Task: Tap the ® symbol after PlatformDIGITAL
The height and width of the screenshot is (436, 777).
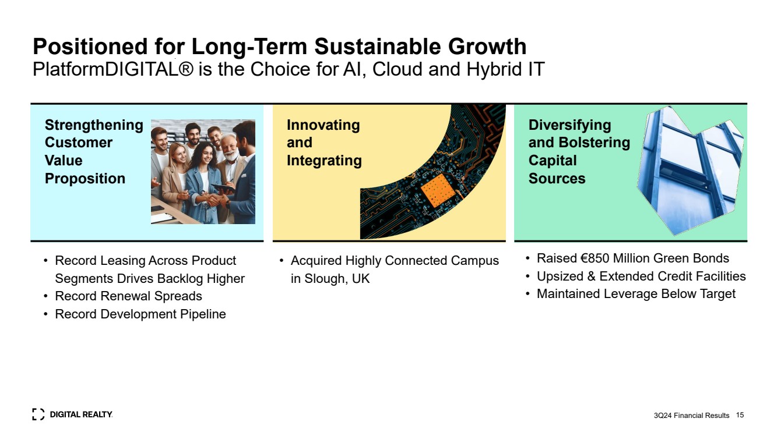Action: tap(187, 69)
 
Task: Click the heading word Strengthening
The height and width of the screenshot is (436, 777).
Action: tap(94, 125)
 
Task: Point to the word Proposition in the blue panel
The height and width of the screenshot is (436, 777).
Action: tap(85, 179)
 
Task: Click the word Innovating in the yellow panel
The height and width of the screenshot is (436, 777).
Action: tap(324, 125)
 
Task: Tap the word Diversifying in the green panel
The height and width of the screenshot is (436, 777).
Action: tap(569, 125)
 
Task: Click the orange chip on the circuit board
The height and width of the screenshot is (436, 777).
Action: tap(437, 191)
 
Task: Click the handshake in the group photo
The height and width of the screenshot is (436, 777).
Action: tap(214, 200)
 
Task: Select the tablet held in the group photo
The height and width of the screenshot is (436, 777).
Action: tap(223, 188)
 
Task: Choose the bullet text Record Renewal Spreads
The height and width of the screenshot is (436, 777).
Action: tap(128, 296)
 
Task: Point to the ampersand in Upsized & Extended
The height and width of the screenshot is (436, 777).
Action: tap(592, 277)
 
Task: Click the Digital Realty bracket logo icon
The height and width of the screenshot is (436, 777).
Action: tap(38, 414)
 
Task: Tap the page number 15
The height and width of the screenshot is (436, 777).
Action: tap(740, 415)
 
